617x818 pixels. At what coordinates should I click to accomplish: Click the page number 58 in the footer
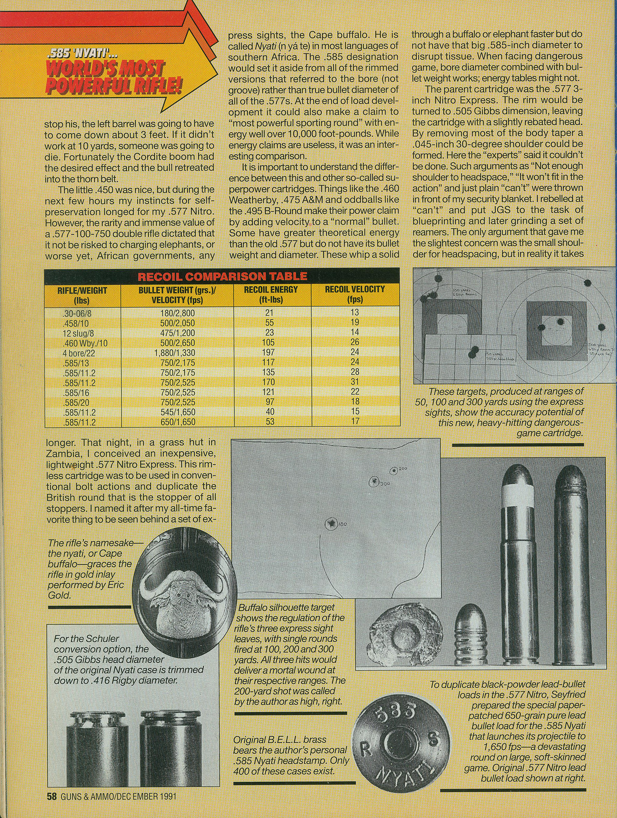(x=51, y=796)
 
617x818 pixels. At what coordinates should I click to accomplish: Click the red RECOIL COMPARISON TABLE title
(x=222, y=276)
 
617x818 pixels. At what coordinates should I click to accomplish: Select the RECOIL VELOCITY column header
(x=355, y=294)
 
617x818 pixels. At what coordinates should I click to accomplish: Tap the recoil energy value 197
(x=268, y=352)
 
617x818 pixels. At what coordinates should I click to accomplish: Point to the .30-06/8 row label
(x=77, y=313)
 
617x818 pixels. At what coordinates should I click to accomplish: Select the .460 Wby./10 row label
(x=85, y=343)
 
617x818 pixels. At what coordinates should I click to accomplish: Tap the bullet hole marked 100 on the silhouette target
(x=330, y=523)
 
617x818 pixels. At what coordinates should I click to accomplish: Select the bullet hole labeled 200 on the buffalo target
(x=394, y=470)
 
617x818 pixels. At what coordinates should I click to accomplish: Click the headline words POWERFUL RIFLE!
(x=113, y=86)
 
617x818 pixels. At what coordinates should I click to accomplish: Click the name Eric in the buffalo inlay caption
(x=114, y=585)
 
